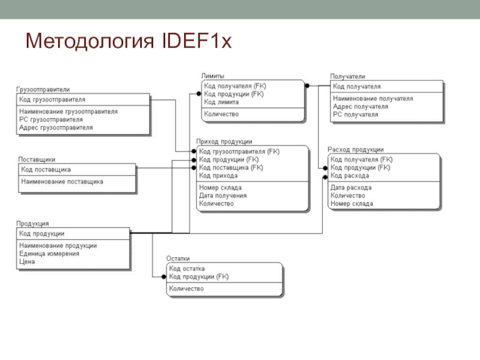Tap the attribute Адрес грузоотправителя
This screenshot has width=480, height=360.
coord(56,128)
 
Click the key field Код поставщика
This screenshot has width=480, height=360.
coord(46,170)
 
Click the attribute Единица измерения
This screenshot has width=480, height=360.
coord(49,254)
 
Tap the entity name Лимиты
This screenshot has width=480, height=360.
coord(212,76)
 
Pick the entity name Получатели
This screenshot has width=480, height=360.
coord(347,76)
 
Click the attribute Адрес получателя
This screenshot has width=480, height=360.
coord(360,106)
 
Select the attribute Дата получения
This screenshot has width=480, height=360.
coord(223,196)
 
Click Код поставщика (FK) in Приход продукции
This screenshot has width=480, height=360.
coord(231,167)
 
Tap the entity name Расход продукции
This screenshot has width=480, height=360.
coord(355,149)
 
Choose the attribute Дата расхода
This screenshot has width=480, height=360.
coord(350,187)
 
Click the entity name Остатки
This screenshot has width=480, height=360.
coord(178,259)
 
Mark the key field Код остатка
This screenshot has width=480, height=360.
coord(187,268)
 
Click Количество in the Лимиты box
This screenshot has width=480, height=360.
coord(221,114)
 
